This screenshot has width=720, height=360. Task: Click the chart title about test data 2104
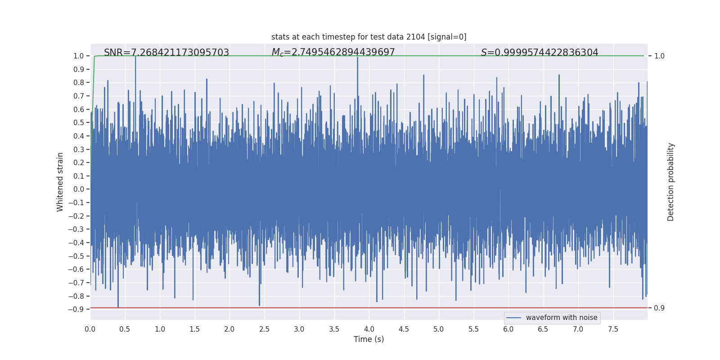[x=369, y=37]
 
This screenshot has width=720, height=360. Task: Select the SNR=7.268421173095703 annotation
[x=166, y=53]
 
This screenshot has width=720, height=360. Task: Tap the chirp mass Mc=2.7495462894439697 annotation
[x=333, y=52]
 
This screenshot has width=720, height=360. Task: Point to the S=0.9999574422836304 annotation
[x=540, y=53]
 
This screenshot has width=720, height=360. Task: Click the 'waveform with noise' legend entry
[x=552, y=318]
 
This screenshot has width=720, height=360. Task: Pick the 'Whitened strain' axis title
[x=60, y=182]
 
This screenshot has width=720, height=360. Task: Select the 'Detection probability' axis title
[x=670, y=182]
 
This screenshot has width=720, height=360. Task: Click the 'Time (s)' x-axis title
[x=369, y=339]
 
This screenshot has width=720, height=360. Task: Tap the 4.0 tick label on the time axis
[x=369, y=329]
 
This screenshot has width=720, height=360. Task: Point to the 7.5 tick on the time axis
[x=613, y=329]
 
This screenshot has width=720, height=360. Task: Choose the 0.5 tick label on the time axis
[x=125, y=329]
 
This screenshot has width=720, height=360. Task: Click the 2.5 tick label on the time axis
[x=264, y=329]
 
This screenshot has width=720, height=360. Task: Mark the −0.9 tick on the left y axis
[x=76, y=309]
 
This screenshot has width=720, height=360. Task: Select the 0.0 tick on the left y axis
[x=79, y=189]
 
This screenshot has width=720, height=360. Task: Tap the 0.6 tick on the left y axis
[x=79, y=109]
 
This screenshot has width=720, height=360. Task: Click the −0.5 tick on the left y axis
[x=76, y=256]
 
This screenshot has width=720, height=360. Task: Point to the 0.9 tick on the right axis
[x=659, y=308]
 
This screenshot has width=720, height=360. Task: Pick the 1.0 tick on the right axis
[x=659, y=56]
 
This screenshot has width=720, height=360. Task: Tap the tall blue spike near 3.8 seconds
[x=358, y=63]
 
